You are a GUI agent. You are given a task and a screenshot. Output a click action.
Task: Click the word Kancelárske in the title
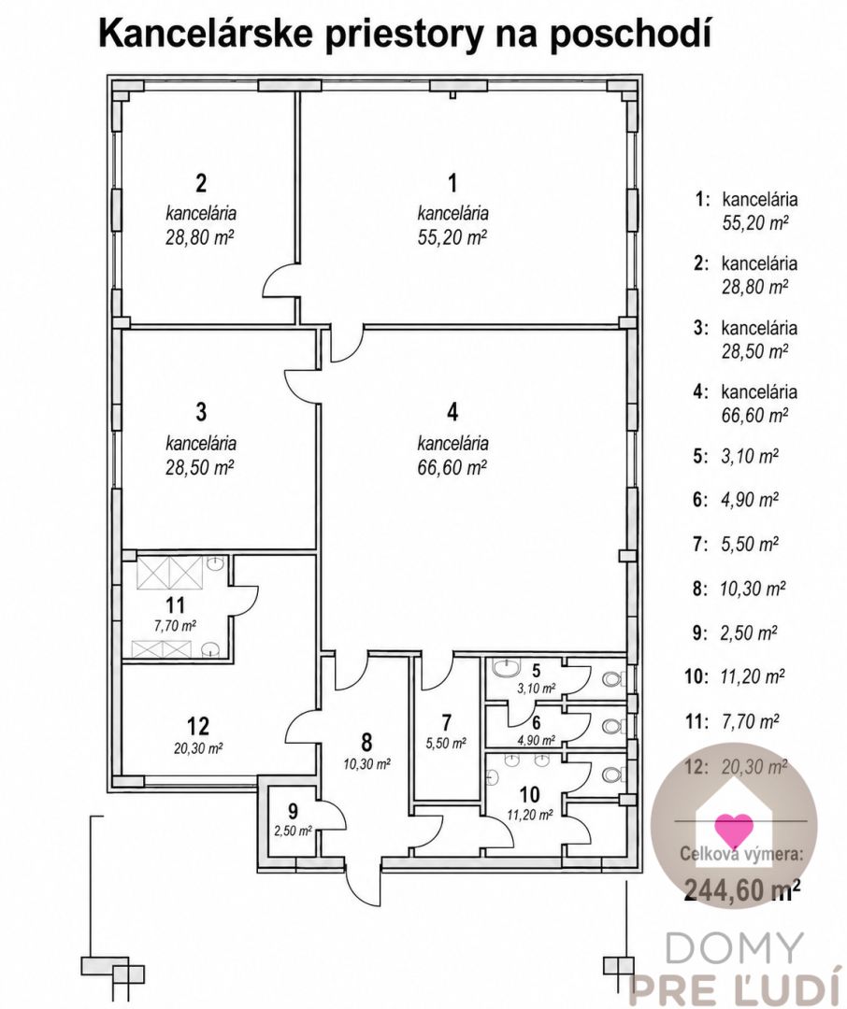coord(207,33)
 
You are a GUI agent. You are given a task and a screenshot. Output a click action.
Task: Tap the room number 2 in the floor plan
coord(201,183)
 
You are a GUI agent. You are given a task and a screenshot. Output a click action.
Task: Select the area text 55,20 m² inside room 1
coord(452,237)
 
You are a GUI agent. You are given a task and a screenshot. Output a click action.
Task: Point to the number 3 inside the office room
coord(201,412)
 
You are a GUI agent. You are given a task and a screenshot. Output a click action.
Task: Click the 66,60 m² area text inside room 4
coord(452,467)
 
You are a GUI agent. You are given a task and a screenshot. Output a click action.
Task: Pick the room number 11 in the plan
coord(175,604)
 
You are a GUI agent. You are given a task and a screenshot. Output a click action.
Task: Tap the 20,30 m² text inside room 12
coord(198,748)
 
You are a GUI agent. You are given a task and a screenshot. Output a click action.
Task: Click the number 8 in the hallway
coord(366,742)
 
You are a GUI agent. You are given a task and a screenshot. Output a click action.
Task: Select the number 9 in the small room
coord(293,811)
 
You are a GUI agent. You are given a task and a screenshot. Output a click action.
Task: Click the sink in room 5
coord(502,669)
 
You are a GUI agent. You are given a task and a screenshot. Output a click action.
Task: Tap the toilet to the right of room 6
coord(611,725)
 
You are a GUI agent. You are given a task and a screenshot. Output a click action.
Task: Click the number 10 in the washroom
coord(529,794)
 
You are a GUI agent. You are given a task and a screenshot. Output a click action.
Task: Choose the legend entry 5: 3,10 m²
coord(736,456)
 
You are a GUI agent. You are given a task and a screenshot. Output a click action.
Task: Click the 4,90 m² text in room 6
coord(536,740)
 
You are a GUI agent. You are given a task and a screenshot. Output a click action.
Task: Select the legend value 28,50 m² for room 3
coord(754,350)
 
